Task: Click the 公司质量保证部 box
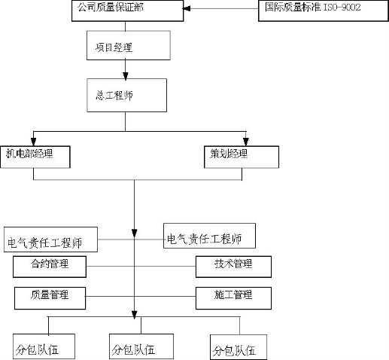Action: coord(128,11)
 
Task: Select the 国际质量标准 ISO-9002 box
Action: coord(324,11)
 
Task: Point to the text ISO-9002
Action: coord(342,8)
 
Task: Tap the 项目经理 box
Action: coord(129,45)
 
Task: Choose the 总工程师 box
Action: coord(127,95)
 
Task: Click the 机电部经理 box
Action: coord(35,157)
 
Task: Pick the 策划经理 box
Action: coord(242,157)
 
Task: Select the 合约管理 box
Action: coord(50,267)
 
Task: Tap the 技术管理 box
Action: coord(233,267)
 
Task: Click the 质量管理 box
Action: coord(50,298)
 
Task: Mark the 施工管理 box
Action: coord(233,298)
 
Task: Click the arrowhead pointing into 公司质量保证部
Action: coord(187,9)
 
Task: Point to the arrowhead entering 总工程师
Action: coord(126,76)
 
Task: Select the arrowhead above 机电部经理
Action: coord(33,142)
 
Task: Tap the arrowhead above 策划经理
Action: coord(246,142)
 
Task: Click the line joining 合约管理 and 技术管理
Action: coord(141,266)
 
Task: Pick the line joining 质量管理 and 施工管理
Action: coord(141,297)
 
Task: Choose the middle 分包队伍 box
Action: coord(141,346)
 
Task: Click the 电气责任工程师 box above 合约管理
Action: coord(50,239)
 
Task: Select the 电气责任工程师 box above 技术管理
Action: coord(209,236)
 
